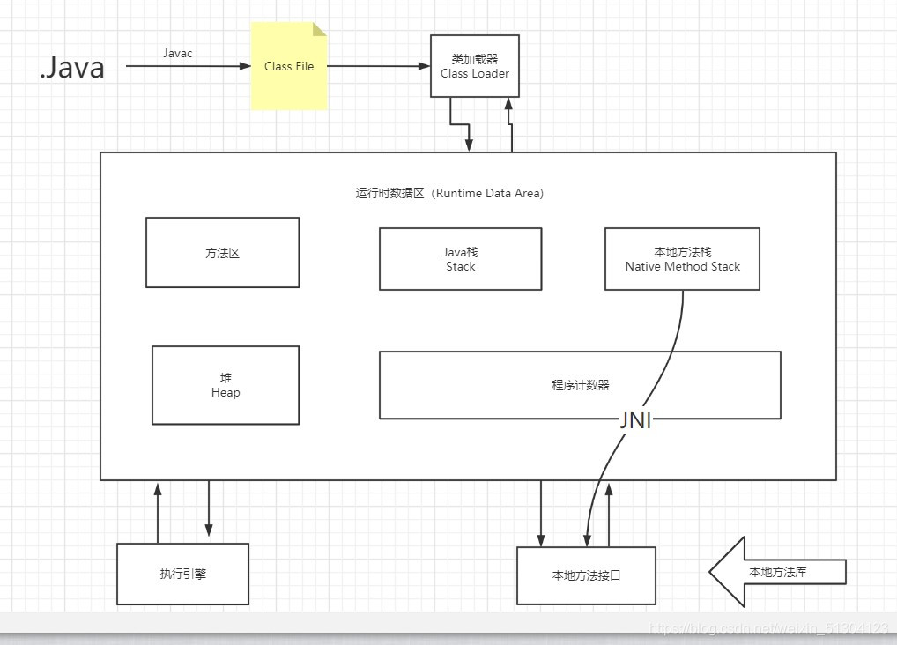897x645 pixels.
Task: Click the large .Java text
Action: [72, 67]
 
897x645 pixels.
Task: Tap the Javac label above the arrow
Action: [177, 53]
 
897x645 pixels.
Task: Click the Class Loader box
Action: [474, 66]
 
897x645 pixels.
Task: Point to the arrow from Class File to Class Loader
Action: [379, 66]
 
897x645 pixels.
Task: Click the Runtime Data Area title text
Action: [449, 193]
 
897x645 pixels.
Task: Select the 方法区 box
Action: [222, 253]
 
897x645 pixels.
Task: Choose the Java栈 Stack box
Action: [460, 259]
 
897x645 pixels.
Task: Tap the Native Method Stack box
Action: [682, 259]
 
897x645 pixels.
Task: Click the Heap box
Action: [226, 385]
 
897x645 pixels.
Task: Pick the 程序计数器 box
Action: [580, 385]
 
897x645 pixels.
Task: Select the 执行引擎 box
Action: [182, 574]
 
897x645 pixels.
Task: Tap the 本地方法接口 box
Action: [586, 575]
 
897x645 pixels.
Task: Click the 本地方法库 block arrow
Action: [775, 572]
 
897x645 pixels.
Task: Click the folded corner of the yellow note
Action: [320, 29]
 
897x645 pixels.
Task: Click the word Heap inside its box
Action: [226, 393]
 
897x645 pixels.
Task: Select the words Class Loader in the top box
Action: [475, 74]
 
